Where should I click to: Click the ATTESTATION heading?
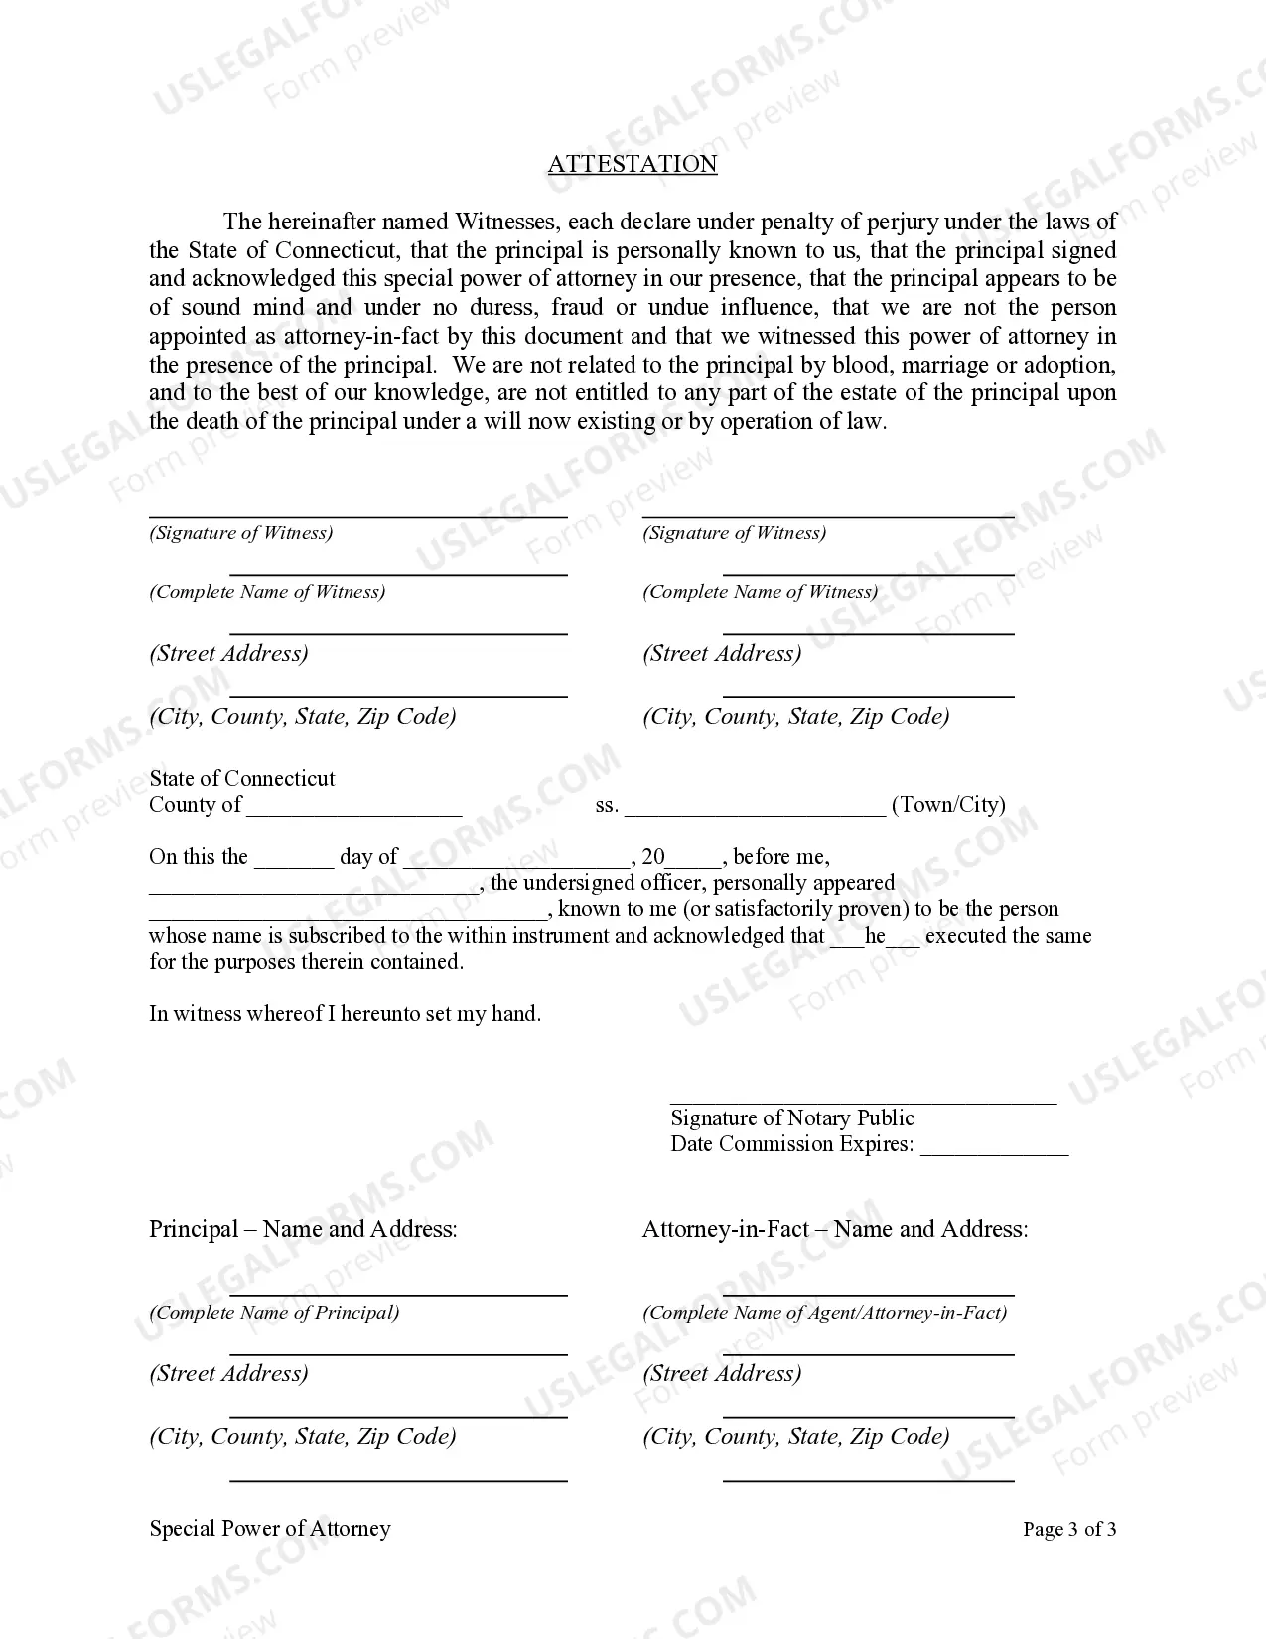pos(632,164)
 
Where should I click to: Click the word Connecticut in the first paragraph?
pos(333,250)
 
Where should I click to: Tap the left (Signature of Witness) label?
pos(241,533)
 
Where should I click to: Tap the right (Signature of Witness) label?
pos(734,533)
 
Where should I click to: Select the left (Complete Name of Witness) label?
pos(267,592)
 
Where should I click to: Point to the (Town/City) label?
pos(948,805)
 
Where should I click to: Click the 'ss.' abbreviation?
pos(606,806)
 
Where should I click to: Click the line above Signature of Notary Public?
pos(863,1101)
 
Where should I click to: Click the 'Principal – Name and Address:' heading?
pos(303,1229)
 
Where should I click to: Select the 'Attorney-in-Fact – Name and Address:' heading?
pos(834,1229)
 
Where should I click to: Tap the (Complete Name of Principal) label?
pos(274,1313)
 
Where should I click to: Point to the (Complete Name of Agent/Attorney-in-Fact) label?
pos(824,1313)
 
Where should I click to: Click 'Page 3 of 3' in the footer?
pos(1068,1529)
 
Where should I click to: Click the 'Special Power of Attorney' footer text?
pos(270,1529)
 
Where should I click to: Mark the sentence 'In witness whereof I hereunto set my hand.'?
pos(345,1014)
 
